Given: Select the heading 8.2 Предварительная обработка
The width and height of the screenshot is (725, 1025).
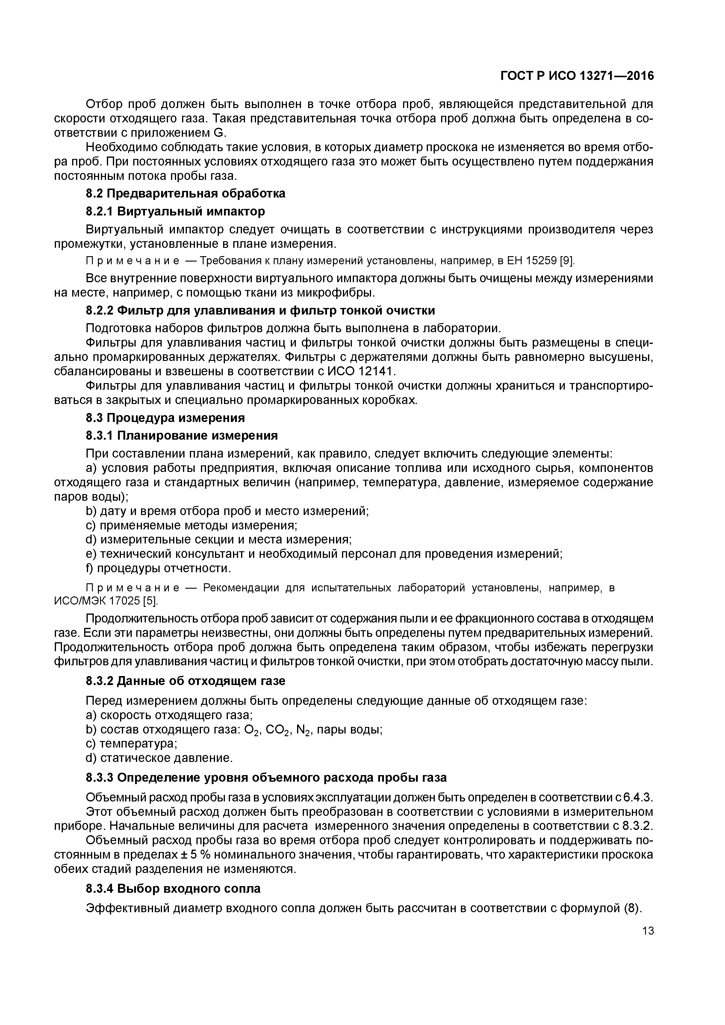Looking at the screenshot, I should click(x=185, y=193).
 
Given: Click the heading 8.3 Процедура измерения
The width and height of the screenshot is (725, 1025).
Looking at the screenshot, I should click(x=165, y=417).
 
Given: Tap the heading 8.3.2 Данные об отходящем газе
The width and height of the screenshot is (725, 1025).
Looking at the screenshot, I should click(x=185, y=681).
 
